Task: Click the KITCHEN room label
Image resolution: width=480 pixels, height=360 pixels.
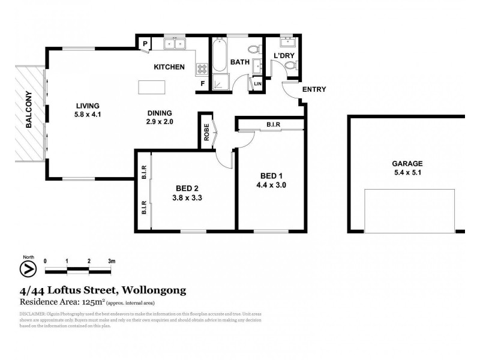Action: (x=169, y=67)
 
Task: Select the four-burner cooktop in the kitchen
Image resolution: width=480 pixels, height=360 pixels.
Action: (x=200, y=69)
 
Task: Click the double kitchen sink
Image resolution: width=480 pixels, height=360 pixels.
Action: (x=176, y=44)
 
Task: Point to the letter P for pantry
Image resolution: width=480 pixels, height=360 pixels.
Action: (x=145, y=44)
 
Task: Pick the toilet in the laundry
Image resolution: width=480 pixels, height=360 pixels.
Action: (x=290, y=71)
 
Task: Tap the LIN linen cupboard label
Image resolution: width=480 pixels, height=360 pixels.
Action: (x=257, y=84)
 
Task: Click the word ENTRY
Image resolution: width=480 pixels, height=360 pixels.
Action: (x=314, y=90)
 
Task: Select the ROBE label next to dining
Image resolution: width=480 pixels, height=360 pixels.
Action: (x=206, y=133)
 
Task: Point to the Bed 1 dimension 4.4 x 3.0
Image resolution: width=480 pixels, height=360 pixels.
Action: (x=272, y=185)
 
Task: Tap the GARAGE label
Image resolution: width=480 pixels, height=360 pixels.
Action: (x=408, y=163)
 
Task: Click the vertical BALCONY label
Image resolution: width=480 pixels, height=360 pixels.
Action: (x=28, y=113)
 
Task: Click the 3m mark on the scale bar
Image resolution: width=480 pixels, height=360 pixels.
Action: (x=111, y=262)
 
